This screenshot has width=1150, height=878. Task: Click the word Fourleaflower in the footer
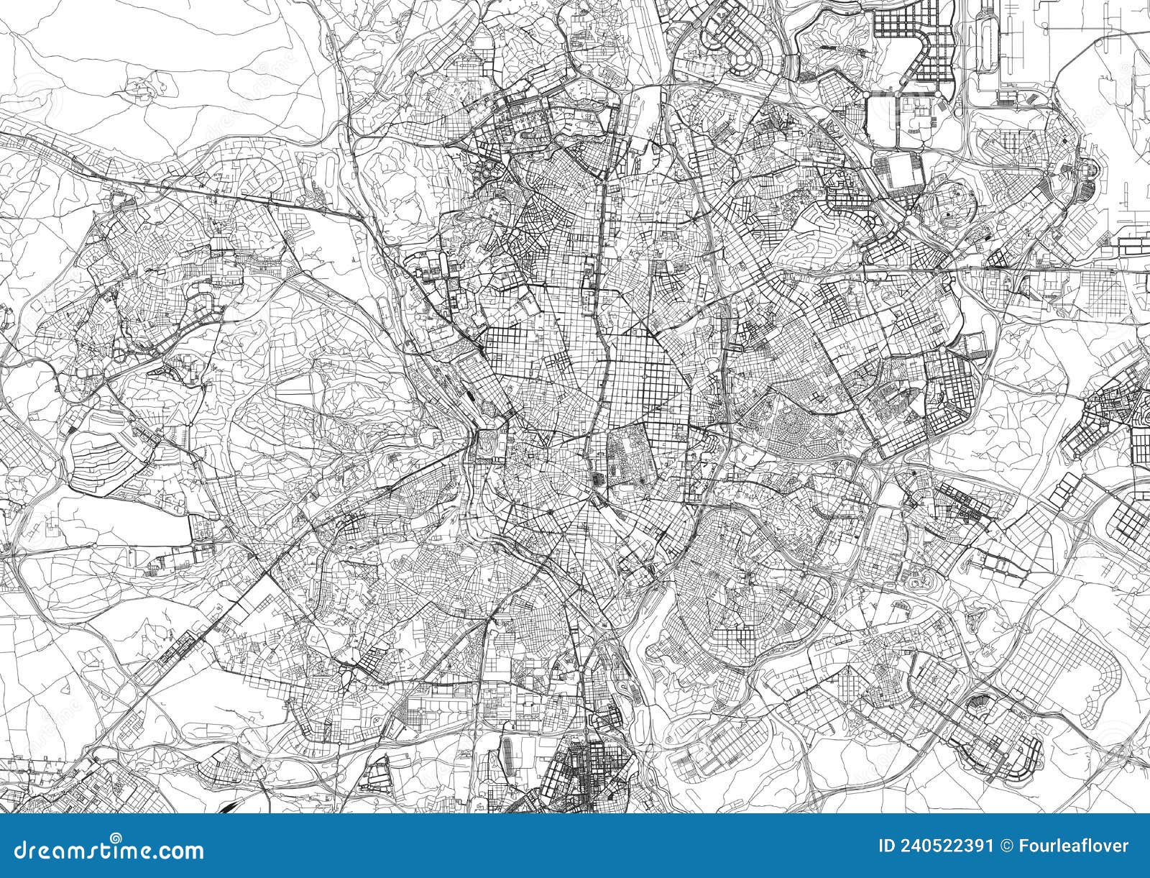point(1077,846)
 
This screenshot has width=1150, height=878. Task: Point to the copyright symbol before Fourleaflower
point(1016,846)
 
